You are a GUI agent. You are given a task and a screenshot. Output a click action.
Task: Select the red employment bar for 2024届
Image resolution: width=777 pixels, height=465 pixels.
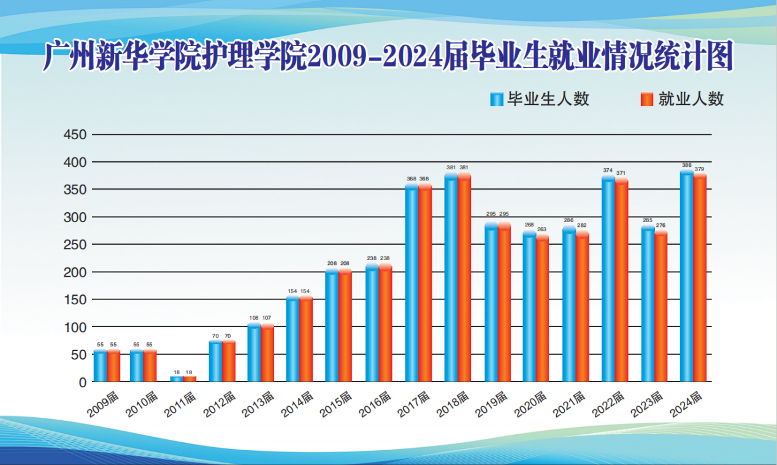tap(700, 277)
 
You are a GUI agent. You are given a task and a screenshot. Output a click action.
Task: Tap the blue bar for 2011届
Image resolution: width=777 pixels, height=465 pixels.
tap(176, 379)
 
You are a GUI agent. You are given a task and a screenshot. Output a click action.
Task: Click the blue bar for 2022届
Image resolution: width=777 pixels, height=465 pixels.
tap(608, 279)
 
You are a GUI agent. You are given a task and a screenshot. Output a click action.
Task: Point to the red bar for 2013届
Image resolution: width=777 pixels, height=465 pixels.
tap(267, 353)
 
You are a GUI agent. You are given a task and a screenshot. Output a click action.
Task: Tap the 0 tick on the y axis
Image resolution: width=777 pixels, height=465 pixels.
tap(83, 382)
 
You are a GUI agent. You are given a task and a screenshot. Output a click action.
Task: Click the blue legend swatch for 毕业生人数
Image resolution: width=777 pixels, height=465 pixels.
tap(496, 99)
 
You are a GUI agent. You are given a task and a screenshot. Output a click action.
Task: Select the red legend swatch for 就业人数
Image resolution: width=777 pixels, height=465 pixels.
tap(646, 99)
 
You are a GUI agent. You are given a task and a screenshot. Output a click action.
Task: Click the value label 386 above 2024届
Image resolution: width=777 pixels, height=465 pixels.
tap(686, 166)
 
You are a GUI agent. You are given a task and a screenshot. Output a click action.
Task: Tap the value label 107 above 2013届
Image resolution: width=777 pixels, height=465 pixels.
tap(267, 318)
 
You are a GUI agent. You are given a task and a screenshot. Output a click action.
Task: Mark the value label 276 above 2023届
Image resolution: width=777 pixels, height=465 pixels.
tap(660, 226)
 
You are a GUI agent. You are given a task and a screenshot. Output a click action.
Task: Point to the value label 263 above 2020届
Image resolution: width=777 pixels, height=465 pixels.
tap(542, 229)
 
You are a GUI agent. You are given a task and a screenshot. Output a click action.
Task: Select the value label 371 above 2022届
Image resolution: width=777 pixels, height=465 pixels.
tap(621, 173)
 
